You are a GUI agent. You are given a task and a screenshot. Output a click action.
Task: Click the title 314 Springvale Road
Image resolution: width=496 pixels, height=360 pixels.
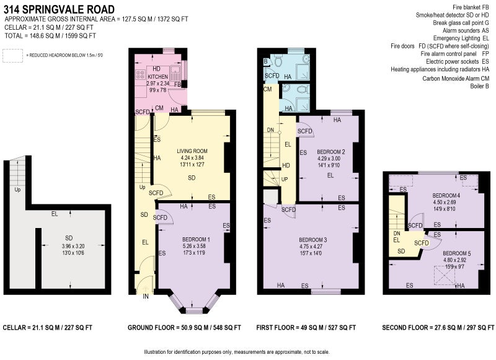59,9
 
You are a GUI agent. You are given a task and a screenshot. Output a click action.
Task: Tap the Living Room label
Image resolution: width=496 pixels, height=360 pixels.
192,151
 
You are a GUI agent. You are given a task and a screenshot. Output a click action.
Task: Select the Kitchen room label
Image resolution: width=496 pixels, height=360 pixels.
158,76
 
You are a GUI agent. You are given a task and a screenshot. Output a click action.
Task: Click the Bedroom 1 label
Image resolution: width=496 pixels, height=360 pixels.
196,240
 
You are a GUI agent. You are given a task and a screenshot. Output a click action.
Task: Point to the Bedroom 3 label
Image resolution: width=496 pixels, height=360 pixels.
313,240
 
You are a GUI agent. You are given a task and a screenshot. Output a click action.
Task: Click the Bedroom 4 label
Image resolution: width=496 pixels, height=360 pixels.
446,196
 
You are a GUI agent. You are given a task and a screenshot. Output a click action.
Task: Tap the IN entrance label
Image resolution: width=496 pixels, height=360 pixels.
146,296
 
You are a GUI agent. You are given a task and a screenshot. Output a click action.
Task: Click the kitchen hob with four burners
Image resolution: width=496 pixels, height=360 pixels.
140,74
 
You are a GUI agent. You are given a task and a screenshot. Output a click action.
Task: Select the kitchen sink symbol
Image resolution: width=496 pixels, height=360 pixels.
175,73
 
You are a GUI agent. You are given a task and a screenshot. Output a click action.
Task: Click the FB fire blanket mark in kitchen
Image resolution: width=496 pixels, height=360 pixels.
177,84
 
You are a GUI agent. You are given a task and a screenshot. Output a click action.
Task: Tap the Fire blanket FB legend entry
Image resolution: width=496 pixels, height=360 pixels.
471,7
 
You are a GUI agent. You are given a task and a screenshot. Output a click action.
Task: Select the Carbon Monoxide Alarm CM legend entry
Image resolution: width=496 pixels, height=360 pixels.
456,79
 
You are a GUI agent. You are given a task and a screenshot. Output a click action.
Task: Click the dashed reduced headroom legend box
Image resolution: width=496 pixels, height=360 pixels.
12,56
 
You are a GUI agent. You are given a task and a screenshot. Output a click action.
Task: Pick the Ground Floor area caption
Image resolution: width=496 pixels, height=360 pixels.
184,328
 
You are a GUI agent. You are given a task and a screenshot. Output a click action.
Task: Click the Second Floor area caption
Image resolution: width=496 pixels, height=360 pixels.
438,328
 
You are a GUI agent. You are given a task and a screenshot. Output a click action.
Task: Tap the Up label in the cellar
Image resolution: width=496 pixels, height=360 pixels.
17,190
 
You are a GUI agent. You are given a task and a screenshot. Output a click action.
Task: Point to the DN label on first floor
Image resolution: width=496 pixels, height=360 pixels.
270,130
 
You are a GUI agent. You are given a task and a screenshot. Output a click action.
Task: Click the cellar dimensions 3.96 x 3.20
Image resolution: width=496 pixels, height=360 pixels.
73,246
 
